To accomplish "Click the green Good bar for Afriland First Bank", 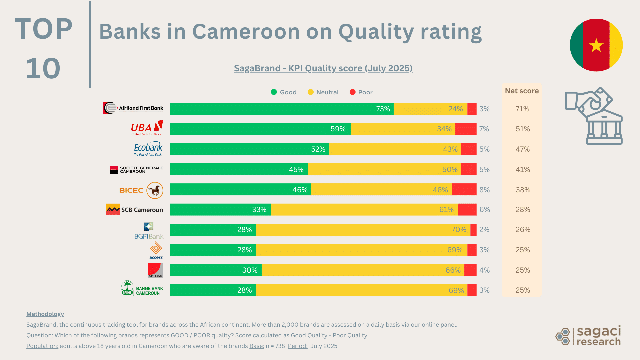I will tap(282, 109).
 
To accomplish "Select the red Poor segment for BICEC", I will tap(464, 190).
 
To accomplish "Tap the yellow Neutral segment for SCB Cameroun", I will tap(364, 210).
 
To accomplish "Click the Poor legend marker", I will tap(352, 92).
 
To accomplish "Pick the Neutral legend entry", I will tap(323, 92).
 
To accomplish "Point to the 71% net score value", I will tap(522, 109).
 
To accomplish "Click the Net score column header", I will tap(522, 91).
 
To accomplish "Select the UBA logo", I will tap(147, 128).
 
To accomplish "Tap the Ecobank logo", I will tap(148, 149).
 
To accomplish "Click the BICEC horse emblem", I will tap(155, 190).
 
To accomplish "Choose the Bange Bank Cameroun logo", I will tap(142, 289).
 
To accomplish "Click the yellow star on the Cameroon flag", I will tap(596, 45).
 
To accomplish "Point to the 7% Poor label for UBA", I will tap(484, 129).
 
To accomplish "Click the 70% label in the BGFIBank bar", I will tap(459, 230).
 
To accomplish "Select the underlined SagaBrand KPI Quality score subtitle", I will tap(323, 68).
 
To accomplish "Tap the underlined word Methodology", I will tap(45, 314).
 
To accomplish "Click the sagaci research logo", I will tap(588, 336).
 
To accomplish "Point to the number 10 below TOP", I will tap(43, 69).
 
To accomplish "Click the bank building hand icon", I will tap(594, 116).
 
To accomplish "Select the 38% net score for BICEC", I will tap(523, 190).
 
